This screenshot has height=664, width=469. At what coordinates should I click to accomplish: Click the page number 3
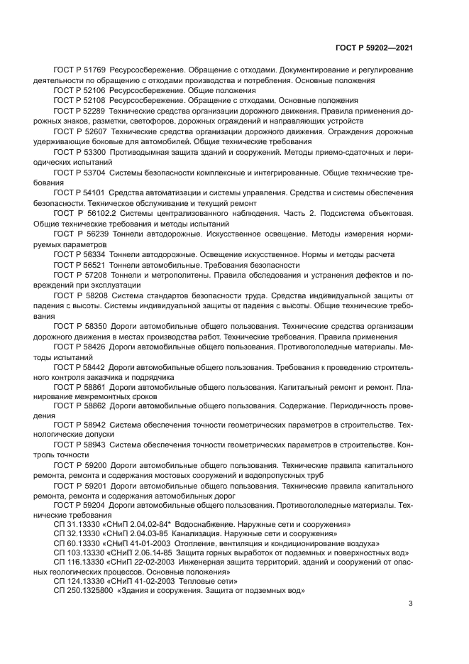pyautogui.click(x=411, y=604)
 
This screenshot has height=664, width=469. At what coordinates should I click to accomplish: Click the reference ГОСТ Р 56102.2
pyautogui.click(x=83, y=213)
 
